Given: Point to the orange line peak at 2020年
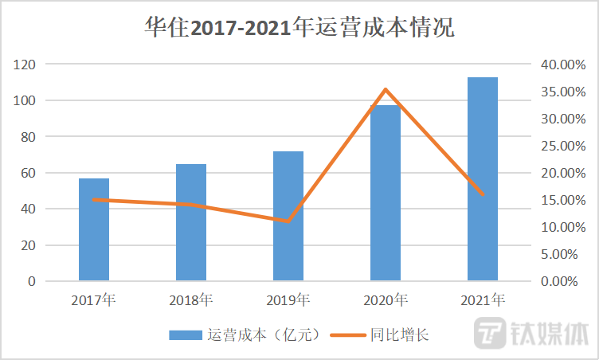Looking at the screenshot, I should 386,89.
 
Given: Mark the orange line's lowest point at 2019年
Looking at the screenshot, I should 288,221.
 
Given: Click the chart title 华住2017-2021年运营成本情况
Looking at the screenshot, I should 299,28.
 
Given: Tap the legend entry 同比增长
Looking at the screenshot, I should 382,335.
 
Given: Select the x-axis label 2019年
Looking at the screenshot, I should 288,300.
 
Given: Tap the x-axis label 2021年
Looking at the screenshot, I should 483,300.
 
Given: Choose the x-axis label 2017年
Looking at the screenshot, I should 93,300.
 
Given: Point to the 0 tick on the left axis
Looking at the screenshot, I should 31,281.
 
